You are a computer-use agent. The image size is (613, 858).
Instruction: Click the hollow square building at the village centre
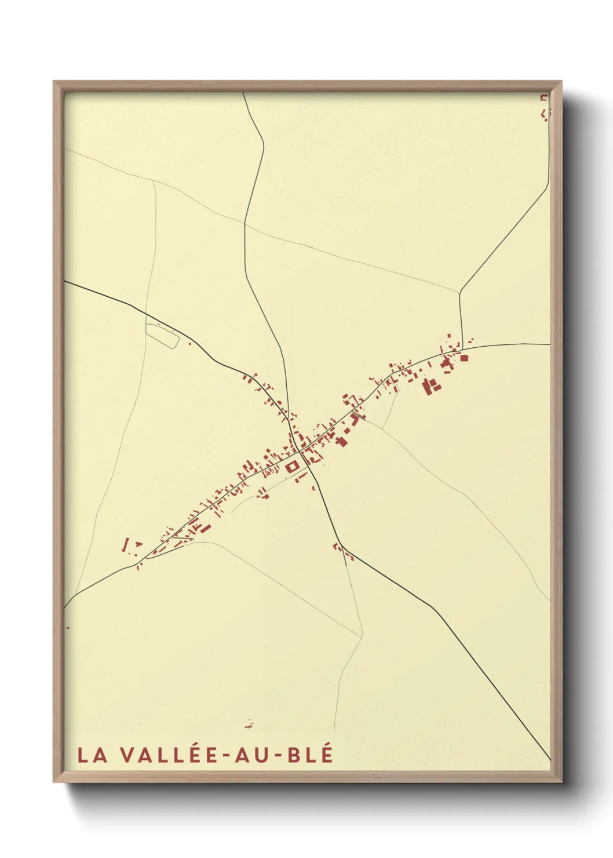click(x=292, y=466)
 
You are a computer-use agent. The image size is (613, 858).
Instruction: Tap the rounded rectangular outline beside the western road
click(x=162, y=333)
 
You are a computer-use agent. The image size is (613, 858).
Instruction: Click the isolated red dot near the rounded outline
click(x=189, y=343)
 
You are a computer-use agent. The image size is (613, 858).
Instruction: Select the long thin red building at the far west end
click(x=125, y=544)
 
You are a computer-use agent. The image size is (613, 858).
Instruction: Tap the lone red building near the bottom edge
click(x=249, y=724)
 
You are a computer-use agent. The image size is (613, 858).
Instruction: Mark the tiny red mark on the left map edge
click(x=68, y=627)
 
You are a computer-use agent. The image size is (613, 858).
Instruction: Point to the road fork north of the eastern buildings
click(x=460, y=293)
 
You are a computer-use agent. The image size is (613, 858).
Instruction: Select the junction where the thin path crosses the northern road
click(x=245, y=223)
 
